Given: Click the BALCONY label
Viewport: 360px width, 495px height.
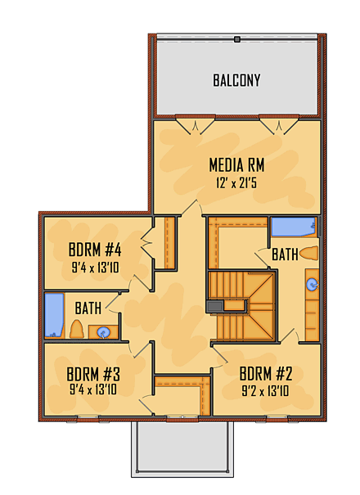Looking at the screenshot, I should (x=236, y=80).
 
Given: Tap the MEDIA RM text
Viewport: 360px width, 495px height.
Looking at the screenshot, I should (x=236, y=165).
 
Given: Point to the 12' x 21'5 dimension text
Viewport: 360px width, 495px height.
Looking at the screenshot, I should (x=236, y=183).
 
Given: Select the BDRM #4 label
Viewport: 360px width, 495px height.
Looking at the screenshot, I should (x=96, y=250).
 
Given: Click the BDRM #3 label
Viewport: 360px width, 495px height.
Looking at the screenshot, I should (x=93, y=374).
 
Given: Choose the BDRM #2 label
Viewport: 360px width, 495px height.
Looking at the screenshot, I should (x=266, y=374).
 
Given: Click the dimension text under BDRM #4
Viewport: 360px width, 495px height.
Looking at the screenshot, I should (x=96, y=266).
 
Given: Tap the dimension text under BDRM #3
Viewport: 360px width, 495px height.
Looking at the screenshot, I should (x=93, y=390).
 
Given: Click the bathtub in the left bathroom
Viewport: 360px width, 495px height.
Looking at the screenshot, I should (x=53, y=316).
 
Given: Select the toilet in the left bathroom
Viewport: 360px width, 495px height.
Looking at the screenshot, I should (x=76, y=330).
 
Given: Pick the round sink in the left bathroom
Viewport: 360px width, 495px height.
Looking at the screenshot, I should (x=104, y=332).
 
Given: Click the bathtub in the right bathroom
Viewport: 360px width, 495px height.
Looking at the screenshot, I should (x=293, y=227).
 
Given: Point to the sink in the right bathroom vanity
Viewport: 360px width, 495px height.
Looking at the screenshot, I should (x=312, y=285).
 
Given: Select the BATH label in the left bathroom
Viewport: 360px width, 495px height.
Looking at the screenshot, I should (x=88, y=308).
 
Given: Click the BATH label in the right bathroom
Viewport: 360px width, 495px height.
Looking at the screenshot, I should (x=284, y=255).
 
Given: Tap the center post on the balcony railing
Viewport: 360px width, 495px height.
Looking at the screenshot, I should (x=236, y=38).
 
